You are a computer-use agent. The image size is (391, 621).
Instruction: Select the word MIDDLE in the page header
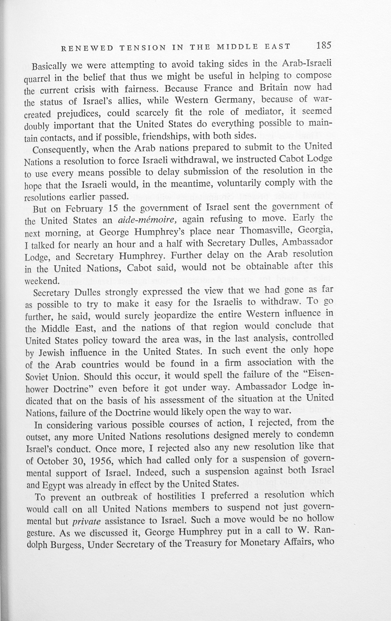pyautogui.click(x=237, y=47)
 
